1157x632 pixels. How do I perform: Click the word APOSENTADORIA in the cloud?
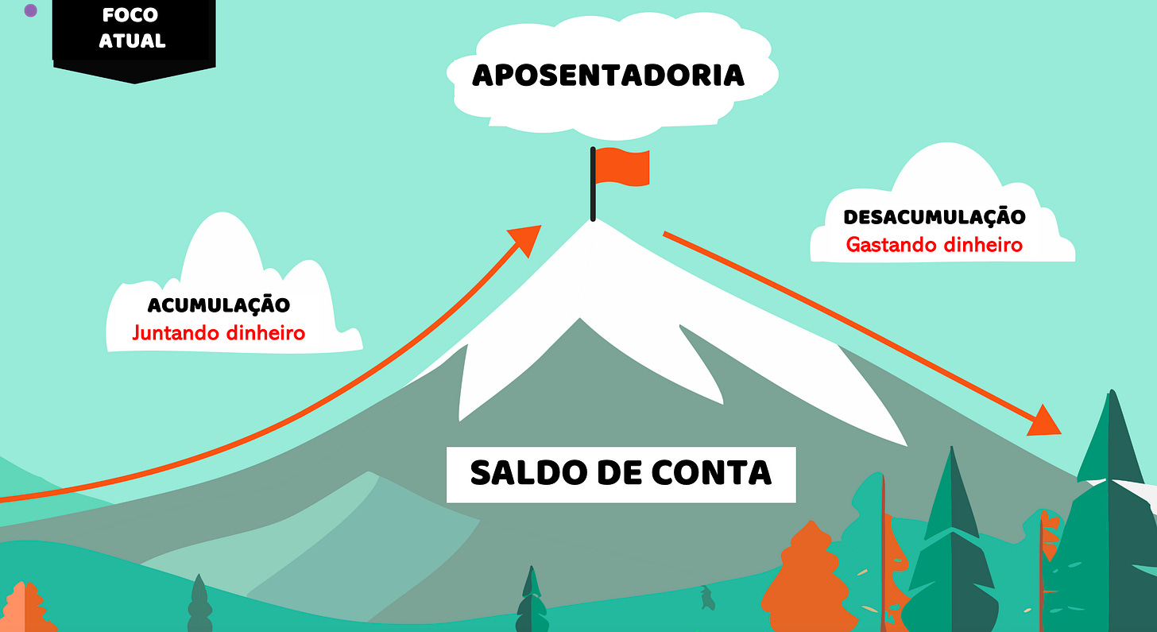[x=608, y=76]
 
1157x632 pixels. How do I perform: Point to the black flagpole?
[x=593, y=184]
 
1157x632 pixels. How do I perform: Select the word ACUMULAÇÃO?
[x=219, y=304]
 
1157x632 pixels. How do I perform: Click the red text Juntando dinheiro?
[x=219, y=332]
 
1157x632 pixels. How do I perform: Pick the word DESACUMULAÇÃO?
[x=934, y=216]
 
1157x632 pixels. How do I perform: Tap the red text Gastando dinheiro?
[x=934, y=244]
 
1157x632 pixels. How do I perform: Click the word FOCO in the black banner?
[x=130, y=15]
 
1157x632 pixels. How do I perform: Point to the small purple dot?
[x=31, y=11]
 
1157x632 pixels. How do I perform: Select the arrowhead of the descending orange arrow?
[x=1045, y=421]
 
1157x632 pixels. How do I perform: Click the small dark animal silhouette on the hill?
[x=706, y=598]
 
